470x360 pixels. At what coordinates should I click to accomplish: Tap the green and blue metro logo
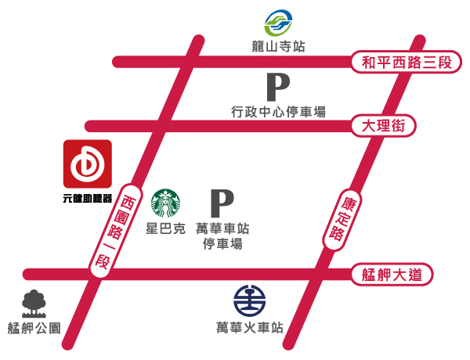278,23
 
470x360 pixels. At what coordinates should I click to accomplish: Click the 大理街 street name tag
383,125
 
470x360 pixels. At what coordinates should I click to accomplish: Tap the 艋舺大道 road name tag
392,274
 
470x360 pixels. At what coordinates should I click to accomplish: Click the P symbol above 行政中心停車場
278,87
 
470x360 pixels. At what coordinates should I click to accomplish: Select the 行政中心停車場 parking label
278,112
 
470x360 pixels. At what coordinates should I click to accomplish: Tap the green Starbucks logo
166,203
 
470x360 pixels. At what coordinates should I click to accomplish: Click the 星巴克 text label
166,229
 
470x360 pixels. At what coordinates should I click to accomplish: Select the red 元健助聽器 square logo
88,164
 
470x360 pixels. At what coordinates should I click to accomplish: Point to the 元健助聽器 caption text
88,198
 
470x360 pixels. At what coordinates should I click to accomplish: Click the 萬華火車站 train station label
250,328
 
